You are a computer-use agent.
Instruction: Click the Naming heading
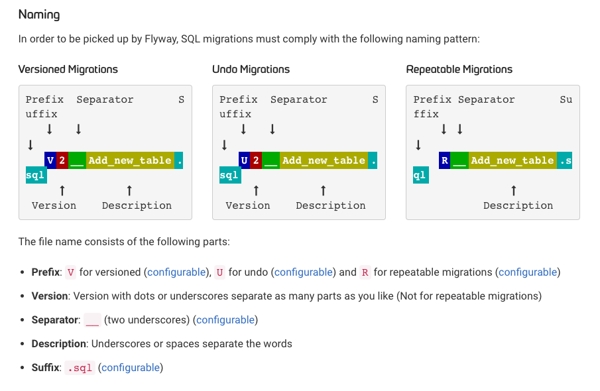point(39,15)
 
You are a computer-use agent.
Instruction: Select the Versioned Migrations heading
point(68,69)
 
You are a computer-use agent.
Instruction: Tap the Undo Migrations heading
point(251,69)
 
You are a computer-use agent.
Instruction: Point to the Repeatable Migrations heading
point(459,69)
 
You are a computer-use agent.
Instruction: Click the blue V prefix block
point(50,160)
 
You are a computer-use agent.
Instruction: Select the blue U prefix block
point(245,160)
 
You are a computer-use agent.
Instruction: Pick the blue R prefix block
point(445,160)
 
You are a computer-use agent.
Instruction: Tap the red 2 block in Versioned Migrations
point(62,160)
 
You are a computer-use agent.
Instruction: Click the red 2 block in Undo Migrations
point(257,160)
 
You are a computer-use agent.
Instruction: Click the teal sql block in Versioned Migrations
point(36,175)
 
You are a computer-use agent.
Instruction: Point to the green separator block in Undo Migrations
point(271,160)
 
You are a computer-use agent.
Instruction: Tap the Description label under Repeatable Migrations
point(518,206)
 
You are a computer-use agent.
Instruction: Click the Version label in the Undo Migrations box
point(248,206)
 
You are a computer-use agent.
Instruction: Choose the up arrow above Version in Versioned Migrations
point(62,190)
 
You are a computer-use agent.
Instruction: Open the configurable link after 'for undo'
point(304,272)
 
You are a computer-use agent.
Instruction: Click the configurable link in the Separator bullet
point(225,320)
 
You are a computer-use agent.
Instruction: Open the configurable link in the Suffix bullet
point(131,368)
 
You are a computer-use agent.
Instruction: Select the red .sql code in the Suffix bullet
point(80,368)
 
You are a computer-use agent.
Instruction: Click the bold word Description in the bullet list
point(58,343)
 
